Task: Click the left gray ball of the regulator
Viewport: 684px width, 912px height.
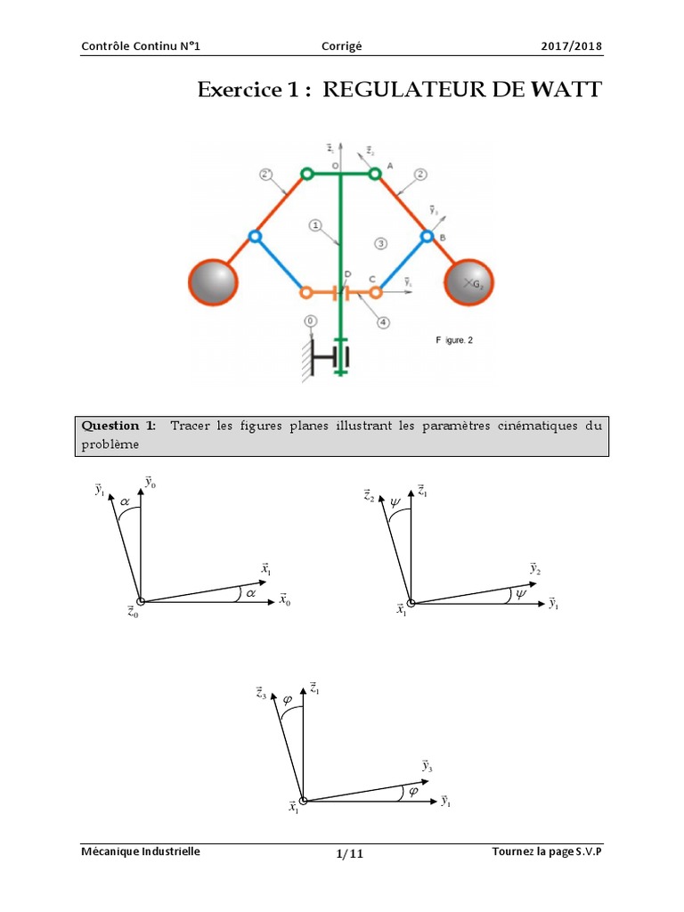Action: click(x=213, y=281)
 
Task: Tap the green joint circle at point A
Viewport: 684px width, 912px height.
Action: click(x=375, y=174)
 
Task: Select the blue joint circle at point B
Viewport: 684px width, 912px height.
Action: click(x=427, y=237)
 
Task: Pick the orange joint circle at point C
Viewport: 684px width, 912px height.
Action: click(x=376, y=291)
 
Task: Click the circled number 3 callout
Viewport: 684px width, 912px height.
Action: click(x=380, y=242)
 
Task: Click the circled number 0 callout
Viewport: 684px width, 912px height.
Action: click(x=310, y=320)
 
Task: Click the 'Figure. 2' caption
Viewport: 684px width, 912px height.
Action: click(x=457, y=340)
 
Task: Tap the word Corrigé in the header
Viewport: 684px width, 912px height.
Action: click(x=341, y=46)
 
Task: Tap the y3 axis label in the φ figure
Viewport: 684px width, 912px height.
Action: click(x=427, y=766)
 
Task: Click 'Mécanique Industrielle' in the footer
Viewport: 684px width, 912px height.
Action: click(x=141, y=851)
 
